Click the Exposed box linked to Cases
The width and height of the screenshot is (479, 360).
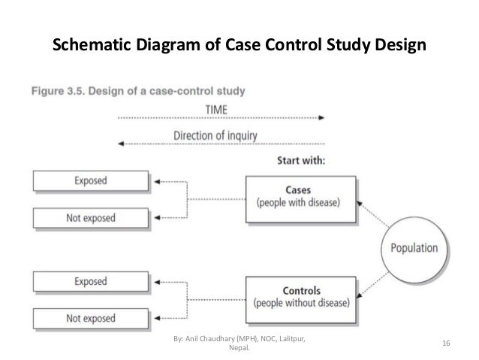point(90,180)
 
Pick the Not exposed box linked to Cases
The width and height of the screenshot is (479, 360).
point(90,219)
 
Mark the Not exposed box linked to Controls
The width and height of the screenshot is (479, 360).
point(90,318)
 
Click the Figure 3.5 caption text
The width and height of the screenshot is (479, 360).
point(141,92)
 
